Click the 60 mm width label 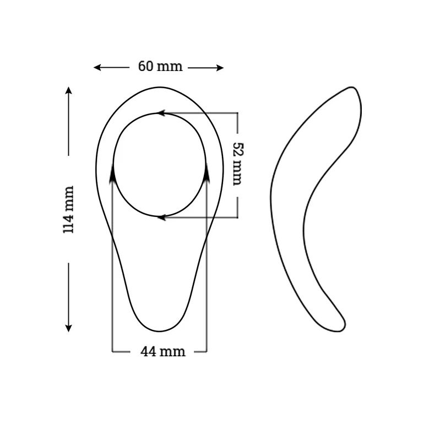pyautogui.click(x=160, y=67)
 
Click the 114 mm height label pyautogui.click(x=69, y=209)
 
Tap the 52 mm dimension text pyautogui.click(x=237, y=164)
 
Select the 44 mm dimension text pyautogui.click(x=160, y=351)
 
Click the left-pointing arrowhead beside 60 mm pyautogui.click(x=96, y=68)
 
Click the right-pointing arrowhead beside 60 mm pyautogui.click(x=221, y=68)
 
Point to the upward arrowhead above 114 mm pyautogui.click(x=69, y=90)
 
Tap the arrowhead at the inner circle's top pyautogui.click(x=160, y=113)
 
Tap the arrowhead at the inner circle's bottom pyautogui.click(x=160, y=218)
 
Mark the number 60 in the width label pyautogui.click(x=145, y=67)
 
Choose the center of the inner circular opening pyautogui.click(x=160, y=165)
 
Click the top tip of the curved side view pyautogui.click(x=352, y=90)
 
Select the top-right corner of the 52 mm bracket pyautogui.click(x=237, y=113)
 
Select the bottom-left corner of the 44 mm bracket pyautogui.click(x=112, y=351)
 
